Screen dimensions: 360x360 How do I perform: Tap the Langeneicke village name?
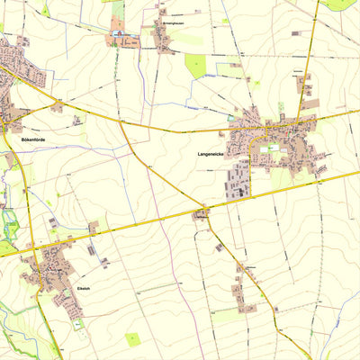(211, 154)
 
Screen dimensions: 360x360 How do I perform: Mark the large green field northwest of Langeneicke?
(195, 65)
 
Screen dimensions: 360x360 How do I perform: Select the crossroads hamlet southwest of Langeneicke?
(201, 213)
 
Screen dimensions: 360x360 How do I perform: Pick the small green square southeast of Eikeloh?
(133, 338)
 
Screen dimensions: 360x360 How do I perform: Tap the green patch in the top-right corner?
(340, 4)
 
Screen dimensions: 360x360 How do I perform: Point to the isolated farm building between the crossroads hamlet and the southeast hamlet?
(219, 247)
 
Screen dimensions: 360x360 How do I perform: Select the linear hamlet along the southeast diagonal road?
(241, 288)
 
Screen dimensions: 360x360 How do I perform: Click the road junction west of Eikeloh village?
(33, 247)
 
